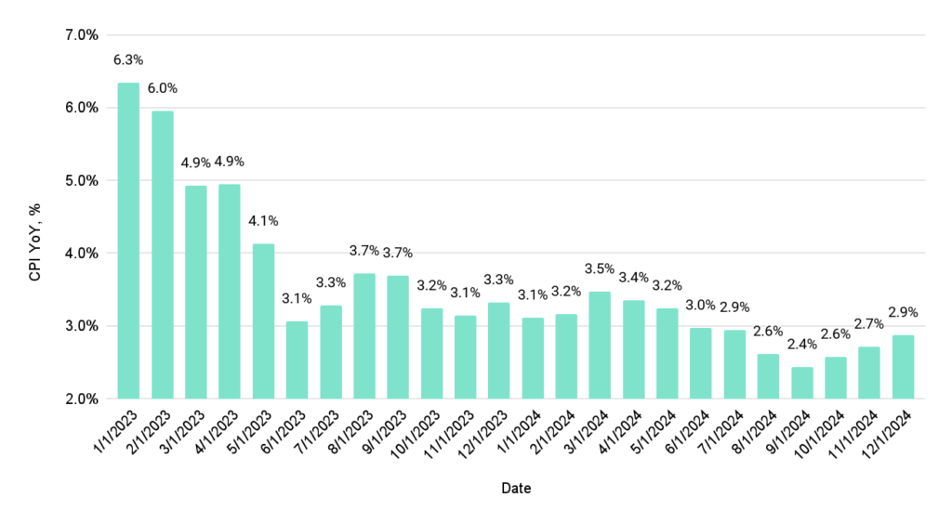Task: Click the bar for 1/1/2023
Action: [x=128, y=241]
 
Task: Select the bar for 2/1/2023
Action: [x=162, y=255]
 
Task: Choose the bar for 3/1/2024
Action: [x=600, y=345]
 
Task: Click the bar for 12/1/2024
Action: [x=903, y=366]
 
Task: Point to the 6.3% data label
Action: [x=128, y=60]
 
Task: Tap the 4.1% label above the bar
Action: [x=263, y=221]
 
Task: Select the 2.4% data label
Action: [x=801, y=345]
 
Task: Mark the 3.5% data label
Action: [x=600, y=268]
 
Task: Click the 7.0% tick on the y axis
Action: [x=80, y=35]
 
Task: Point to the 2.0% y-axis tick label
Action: [x=80, y=399]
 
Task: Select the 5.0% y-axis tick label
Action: [x=80, y=180]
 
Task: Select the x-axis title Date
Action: [x=516, y=488]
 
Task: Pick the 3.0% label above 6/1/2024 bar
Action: [x=701, y=306]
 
